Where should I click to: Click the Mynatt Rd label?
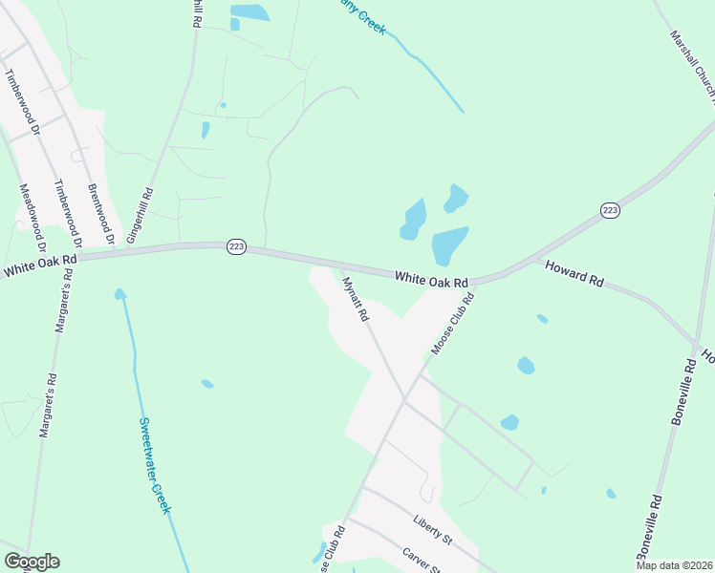354,298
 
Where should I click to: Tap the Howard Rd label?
574,275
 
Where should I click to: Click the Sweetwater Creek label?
154,465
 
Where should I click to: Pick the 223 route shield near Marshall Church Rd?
611,210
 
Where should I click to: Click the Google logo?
32,562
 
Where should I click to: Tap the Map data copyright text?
673,565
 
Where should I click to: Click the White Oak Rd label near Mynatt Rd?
431,280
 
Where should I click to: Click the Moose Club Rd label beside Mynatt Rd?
452,325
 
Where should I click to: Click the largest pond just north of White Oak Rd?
449,244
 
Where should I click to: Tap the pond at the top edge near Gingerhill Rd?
249,12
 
